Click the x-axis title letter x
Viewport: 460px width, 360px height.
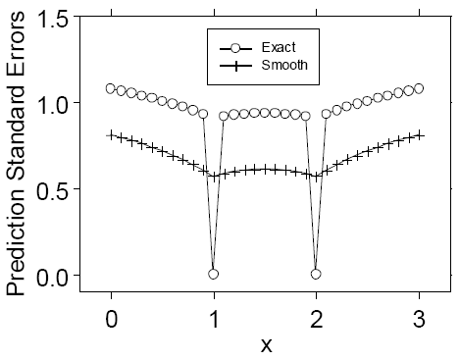(x=265, y=344)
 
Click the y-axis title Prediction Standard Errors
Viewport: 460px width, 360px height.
(x=17, y=157)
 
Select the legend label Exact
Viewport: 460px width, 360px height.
(x=279, y=47)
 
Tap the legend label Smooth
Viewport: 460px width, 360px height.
(x=284, y=66)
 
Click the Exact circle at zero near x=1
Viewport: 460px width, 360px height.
(x=213, y=274)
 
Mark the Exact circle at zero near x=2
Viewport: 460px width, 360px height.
(x=316, y=274)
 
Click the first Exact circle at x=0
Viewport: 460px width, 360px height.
(x=111, y=88)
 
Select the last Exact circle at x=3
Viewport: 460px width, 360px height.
(x=419, y=88)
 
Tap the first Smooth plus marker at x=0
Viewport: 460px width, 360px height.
(x=111, y=134)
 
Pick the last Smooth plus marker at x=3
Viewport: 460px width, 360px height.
(x=419, y=134)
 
